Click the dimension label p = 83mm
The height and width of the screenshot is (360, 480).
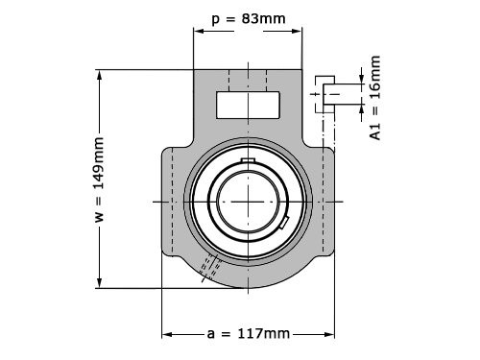coord(249,19)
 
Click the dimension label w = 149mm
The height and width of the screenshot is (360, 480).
coord(100,180)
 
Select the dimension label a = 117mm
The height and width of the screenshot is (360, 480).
coord(249,334)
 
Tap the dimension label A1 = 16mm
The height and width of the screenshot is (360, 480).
coord(375,98)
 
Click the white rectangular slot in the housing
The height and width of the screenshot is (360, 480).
coord(248,105)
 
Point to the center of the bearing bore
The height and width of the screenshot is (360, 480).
coord(249,202)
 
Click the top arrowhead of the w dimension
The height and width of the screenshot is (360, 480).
coord(100,75)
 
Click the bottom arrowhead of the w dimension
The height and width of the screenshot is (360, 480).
coord(100,283)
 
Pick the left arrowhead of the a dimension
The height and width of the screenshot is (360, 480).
coord(167,335)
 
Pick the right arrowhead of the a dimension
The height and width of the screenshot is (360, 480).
coord(329,335)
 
